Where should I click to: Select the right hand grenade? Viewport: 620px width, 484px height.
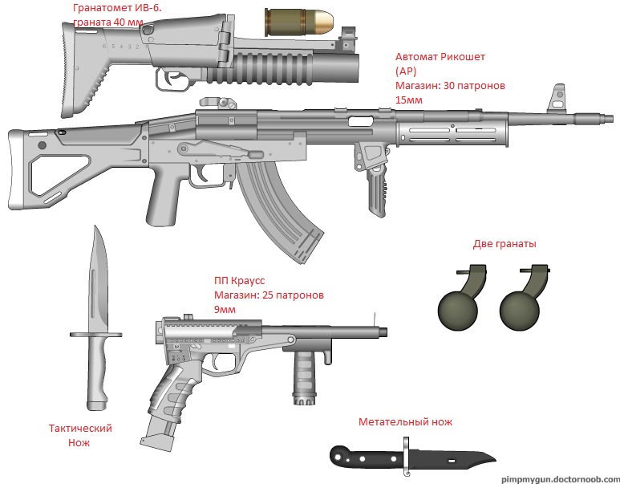(x=522, y=306)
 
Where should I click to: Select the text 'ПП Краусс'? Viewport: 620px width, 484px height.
(x=239, y=281)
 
